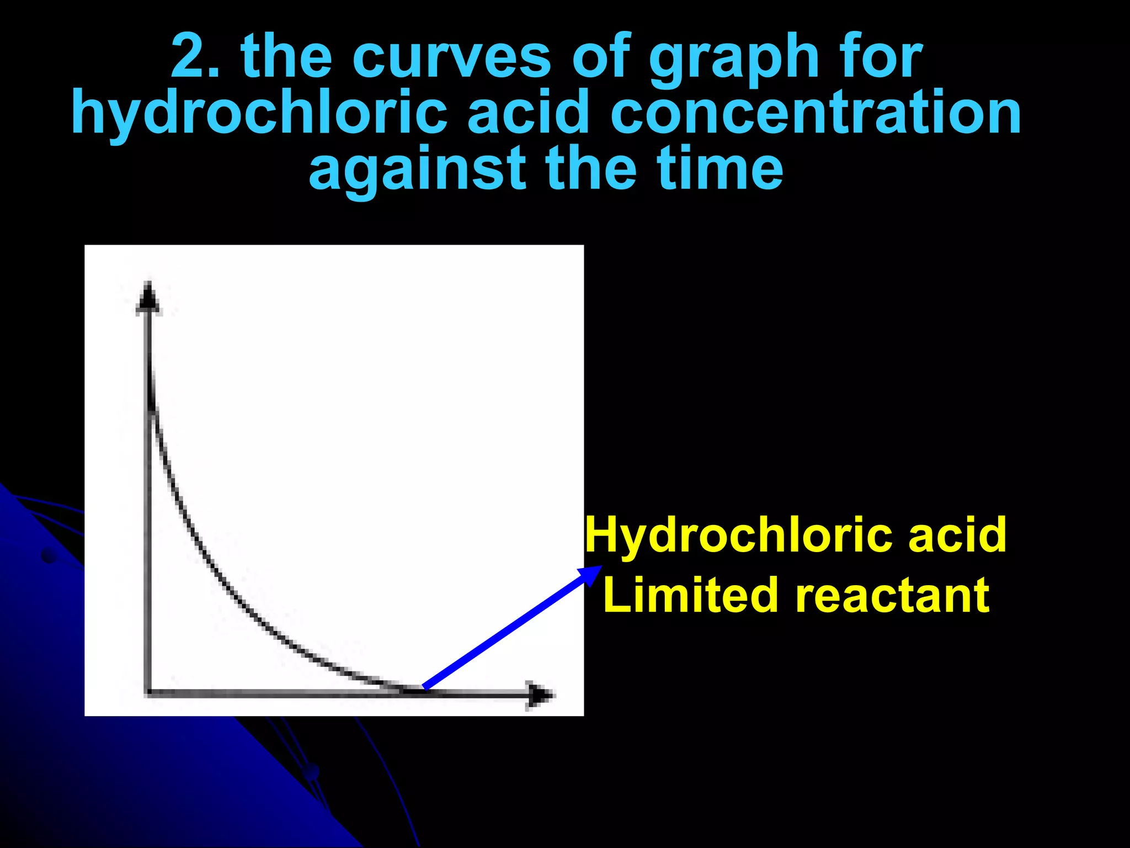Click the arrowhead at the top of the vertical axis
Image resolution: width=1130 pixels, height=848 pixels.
click(x=148, y=298)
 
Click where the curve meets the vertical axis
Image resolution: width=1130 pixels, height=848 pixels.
click(x=149, y=403)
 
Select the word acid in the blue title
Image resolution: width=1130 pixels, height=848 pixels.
click(x=529, y=114)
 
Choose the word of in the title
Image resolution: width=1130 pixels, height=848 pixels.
click(x=600, y=56)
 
